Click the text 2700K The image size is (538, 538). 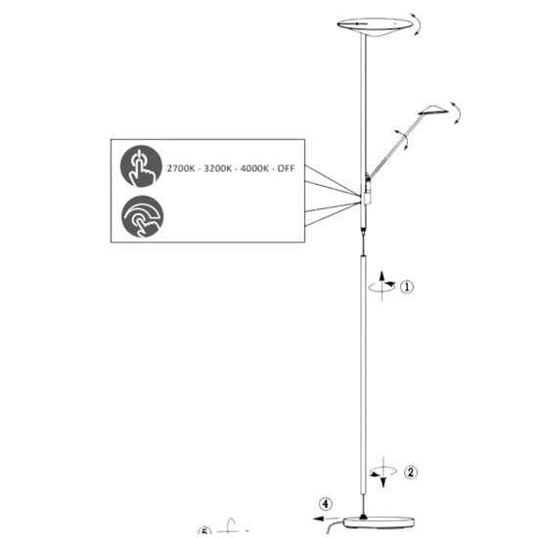tap(181, 168)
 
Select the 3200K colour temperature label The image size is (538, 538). tap(217, 168)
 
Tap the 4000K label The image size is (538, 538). tap(254, 168)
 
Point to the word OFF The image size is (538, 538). tap(286, 168)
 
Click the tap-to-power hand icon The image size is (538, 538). tap(141, 166)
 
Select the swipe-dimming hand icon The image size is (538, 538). tap(143, 216)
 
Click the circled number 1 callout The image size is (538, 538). tap(407, 287)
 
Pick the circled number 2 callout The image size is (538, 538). tap(411, 472)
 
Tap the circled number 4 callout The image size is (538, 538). tap(326, 505)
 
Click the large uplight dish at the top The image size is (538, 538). tap(375, 26)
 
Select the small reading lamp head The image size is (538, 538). tap(433, 111)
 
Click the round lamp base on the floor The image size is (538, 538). tap(379, 522)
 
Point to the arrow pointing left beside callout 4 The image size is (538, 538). tap(326, 518)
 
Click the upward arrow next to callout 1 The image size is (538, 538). tap(381, 287)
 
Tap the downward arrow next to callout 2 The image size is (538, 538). tap(383, 472)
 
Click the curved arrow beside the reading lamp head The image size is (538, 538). tap(459, 112)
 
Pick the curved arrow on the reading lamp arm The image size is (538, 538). tap(404, 139)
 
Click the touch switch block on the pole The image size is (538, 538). tap(368, 199)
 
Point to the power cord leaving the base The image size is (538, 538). tap(332, 527)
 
